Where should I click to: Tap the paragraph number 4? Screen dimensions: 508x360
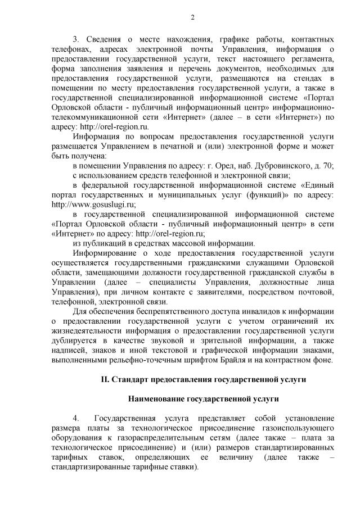[76, 419]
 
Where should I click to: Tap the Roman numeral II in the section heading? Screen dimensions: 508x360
[105, 380]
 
